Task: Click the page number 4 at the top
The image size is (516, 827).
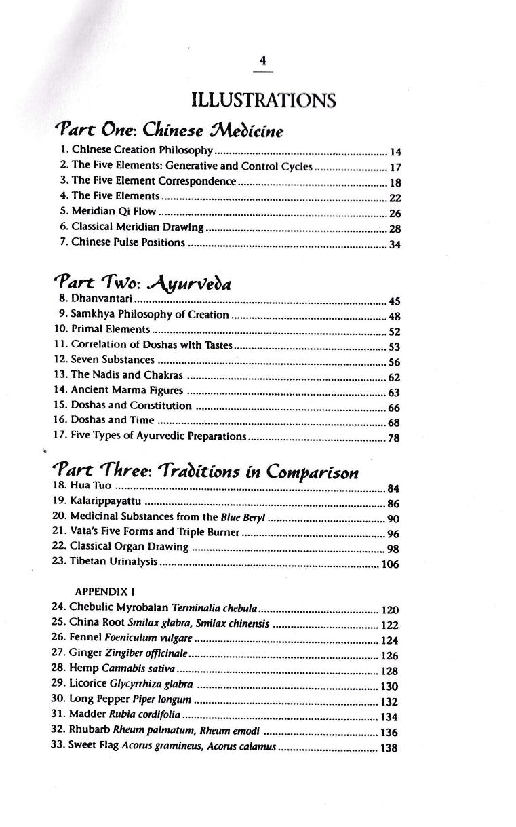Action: pyautogui.click(x=264, y=61)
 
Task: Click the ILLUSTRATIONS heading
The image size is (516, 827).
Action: pyautogui.click(x=264, y=102)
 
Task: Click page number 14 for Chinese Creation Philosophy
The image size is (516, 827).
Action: pyautogui.click(x=396, y=152)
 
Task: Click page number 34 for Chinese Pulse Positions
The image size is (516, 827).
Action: pyautogui.click(x=395, y=244)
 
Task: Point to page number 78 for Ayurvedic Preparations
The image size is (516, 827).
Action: pyautogui.click(x=394, y=438)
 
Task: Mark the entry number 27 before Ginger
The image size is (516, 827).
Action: pyautogui.click(x=58, y=655)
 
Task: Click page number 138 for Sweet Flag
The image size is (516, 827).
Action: pyautogui.click(x=389, y=748)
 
